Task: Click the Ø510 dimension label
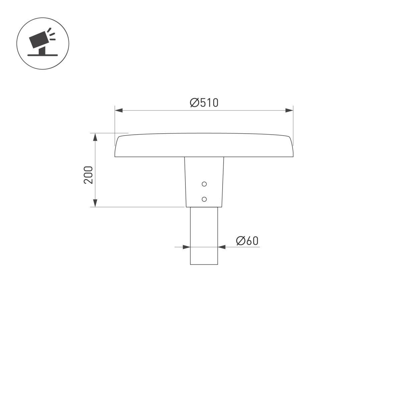pyautogui.click(x=204, y=102)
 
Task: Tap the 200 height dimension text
pyautogui.click(x=88, y=174)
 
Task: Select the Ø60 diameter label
pyautogui.click(x=247, y=241)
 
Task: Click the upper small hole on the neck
pyautogui.click(x=204, y=184)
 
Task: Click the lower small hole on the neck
pyautogui.click(x=204, y=199)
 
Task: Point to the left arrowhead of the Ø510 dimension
pyautogui.click(x=119, y=110)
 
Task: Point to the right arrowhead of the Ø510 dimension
pyautogui.click(x=289, y=110)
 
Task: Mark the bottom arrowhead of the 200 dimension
pyautogui.click(x=95, y=203)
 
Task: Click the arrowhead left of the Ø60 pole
pyautogui.click(x=186, y=247)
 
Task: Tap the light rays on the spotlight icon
pyautogui.click(x=51, y=34)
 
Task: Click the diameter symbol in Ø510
pyautogui.click(x=194, y=102)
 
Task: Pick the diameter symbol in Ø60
pyautogui.click(x=241, y=241)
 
